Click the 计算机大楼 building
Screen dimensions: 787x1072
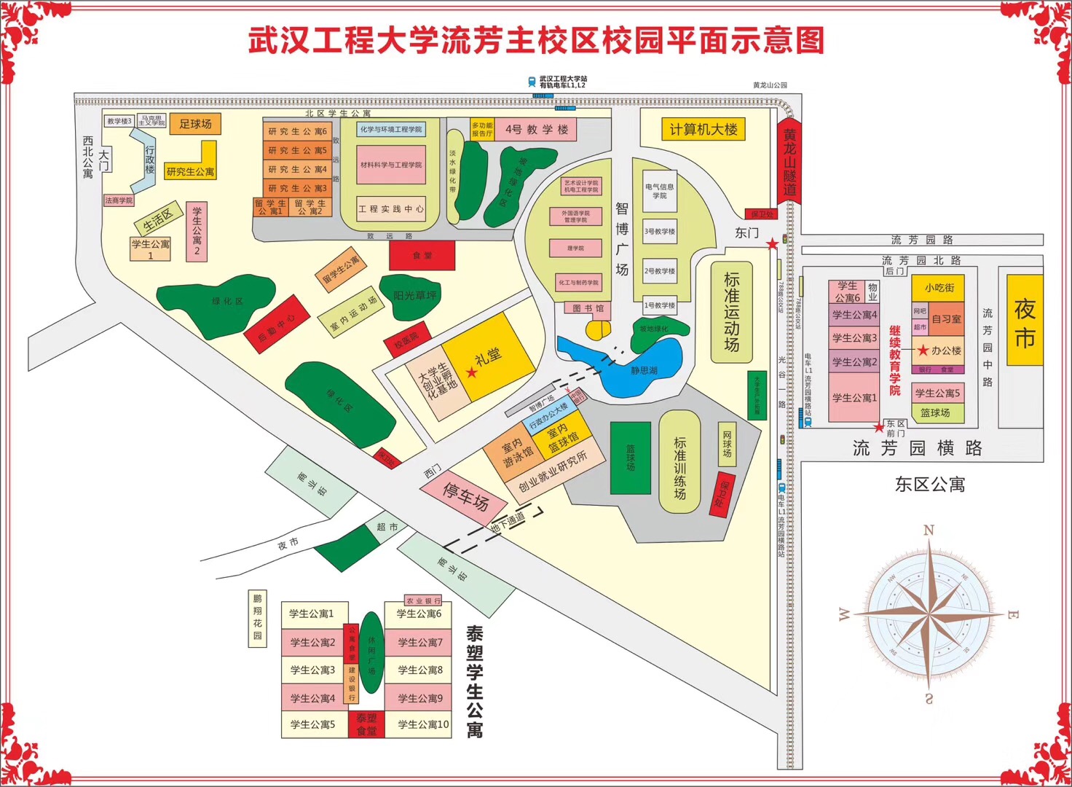coord(703,130)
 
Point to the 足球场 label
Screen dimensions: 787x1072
coord(195,124)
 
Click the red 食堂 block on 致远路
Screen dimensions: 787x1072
coord(422,255)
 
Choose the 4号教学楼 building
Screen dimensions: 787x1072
coord(537,130)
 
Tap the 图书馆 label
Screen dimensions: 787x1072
coord(588,308)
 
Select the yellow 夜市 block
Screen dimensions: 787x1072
coord(1025,321)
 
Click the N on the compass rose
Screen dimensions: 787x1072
coord(929,530)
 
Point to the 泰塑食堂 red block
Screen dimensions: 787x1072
coord(366,724)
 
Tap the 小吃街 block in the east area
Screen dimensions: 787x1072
coord(939,288)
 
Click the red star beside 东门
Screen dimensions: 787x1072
coord(772,245)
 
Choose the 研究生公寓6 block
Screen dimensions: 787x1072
coord(297,131)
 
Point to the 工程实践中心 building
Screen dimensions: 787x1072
coord(391,209)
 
